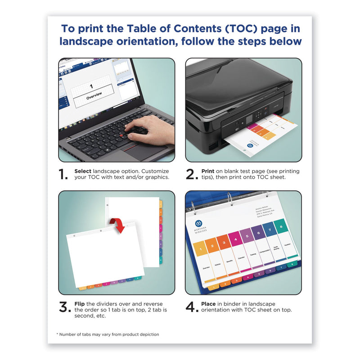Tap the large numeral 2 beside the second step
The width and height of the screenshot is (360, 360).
(x=192, y=175)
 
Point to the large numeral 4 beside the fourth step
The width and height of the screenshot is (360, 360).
(x=192, y=307)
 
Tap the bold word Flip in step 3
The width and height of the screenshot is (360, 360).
(x=79, y=304)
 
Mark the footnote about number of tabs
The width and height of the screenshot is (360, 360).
(x=108, y=334)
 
